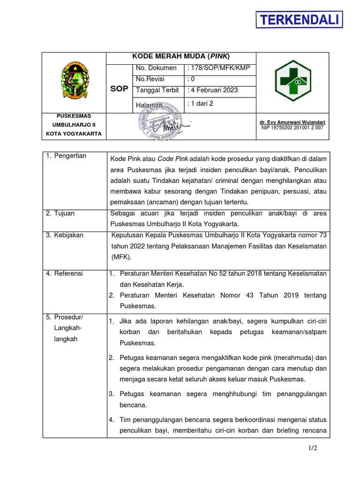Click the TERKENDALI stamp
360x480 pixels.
point(299,20)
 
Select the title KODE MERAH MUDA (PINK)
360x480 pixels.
point(181,57)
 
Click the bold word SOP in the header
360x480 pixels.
point(119,89)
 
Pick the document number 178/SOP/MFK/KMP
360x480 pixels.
point(218,68)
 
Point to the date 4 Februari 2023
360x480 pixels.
point(212,90)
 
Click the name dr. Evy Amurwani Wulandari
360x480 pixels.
point(292,122)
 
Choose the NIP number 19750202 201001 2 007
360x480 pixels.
point(292,127)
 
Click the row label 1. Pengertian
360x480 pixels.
point(66,156)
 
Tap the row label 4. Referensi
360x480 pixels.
point(65,273)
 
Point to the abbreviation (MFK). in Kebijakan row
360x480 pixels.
point(121,257)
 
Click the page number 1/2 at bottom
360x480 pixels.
point(313,448)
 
